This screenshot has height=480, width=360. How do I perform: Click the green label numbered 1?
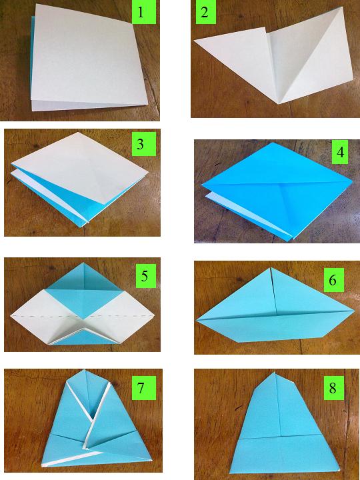click(x=144, y=12)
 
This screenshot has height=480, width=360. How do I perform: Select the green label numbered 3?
click(x=144, y=144)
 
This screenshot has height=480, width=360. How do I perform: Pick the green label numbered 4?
click(x=340, y=152)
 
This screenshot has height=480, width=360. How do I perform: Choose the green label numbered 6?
click(x=334, y=280)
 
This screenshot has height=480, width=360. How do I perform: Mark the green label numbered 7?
click(x=144, y=388)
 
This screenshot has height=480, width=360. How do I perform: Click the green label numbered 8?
click(x=334, y=388)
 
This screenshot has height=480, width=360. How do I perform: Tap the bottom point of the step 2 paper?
click(x=279, y=104)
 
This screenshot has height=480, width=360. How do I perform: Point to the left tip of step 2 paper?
click(x=194, y=42)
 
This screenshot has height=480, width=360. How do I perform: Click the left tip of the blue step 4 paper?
click(x=202, y=185)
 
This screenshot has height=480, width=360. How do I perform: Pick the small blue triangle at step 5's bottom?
click(x=83, y=337)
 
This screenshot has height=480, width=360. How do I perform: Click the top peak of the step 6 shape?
click(x=271, y=268)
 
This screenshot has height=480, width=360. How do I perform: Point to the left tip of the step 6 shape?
click(x=197, y=320)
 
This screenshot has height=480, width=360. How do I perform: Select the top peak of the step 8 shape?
click(x=275, y=373)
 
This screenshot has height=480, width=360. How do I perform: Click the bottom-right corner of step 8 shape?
click(x=339, y=469)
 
